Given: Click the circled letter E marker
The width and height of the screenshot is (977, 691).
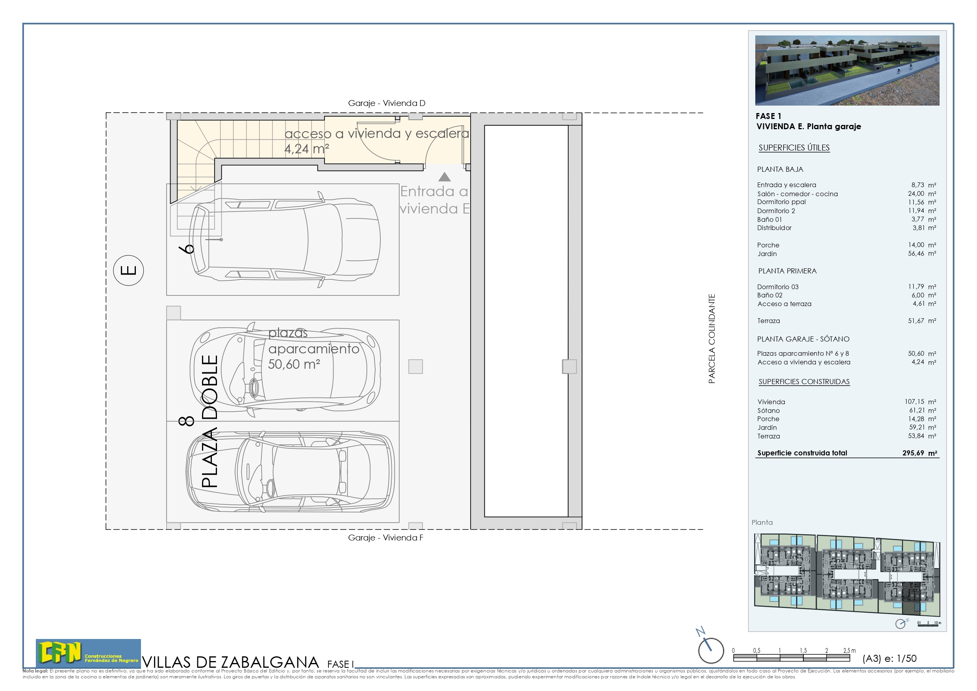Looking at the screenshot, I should point(128,270).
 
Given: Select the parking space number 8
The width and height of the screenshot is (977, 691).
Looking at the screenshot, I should point(186,421).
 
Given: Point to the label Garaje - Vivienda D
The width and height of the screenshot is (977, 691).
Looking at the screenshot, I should point(386,103).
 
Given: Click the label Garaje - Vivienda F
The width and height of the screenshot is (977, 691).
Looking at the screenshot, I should point(386,538).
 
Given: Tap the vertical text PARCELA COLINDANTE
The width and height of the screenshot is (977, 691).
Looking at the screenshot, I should point(712,338).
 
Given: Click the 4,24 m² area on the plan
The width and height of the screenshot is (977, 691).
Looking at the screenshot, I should point(306,149).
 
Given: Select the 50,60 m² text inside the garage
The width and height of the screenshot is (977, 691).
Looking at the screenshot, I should point(294,364).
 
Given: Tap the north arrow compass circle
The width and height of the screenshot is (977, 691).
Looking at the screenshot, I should point(711,650).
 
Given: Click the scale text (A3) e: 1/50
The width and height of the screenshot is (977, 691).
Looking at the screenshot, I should point(889,659).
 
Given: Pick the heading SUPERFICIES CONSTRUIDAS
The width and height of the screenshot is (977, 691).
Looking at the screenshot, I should point(804,382).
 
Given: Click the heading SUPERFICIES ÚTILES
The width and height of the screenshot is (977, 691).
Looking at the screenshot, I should point(794,148).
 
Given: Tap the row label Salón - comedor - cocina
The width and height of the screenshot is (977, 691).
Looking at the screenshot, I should point(797,194).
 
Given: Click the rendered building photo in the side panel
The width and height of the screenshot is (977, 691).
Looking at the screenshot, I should point(847,70).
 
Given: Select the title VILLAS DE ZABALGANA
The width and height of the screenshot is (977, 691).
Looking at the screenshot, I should point(230,662).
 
